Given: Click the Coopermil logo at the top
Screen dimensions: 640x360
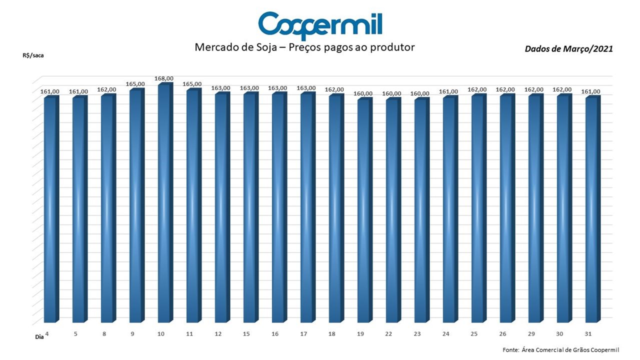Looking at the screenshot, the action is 320,25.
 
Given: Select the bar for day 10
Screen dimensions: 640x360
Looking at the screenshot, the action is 165,202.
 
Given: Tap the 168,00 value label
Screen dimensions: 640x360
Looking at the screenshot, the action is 163,78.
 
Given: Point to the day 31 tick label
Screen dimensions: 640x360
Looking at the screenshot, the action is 587,333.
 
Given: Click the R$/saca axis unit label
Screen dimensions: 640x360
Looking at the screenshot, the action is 33,55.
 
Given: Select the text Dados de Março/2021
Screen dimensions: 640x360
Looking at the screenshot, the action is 568,49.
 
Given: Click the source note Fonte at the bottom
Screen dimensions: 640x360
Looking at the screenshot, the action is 561,349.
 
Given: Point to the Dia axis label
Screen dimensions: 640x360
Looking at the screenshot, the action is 39,337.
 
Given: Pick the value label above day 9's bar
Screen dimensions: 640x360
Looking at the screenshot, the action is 135,84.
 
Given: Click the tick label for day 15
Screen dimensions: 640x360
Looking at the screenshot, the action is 246,333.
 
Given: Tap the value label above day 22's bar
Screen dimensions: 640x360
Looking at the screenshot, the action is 391,93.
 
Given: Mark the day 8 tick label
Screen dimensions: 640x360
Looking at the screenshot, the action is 104,333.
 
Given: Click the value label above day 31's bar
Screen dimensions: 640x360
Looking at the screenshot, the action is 590,91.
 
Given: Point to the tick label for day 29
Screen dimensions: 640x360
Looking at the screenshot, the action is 531,333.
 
